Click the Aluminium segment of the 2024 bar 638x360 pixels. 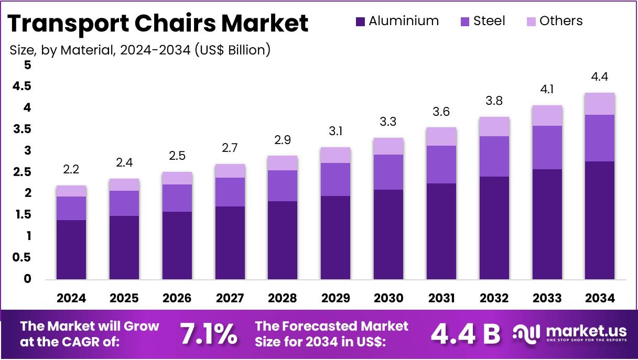point(71,249)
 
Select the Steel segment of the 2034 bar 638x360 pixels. point(600,138)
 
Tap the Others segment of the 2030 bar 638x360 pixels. point(388,146)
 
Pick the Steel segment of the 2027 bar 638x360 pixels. point(230,192)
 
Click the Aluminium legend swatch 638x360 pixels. point(360,21)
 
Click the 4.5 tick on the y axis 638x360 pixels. point(22,86)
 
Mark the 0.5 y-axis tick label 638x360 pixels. point(22,258)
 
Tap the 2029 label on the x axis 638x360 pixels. point(336,298)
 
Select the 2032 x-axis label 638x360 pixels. point(494,298)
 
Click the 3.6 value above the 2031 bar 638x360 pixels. point(441,112)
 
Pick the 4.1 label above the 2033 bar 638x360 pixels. point(547,90)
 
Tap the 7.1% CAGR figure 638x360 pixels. point(208,334)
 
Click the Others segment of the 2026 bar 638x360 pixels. point(177,178)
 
